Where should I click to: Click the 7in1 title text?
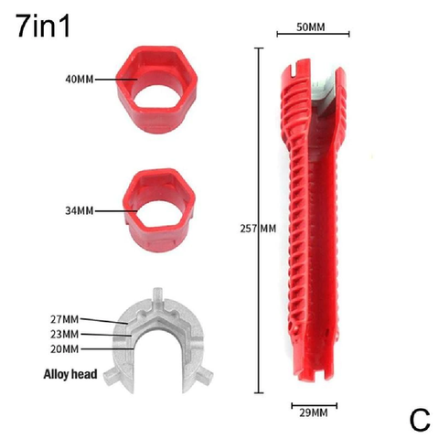[x=43, y=26]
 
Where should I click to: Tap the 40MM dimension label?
[x=80, y=80]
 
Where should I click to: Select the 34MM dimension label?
[x=80, y=210]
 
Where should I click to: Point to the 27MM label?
[x=65, y=319]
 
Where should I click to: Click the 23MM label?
[x=65, y=334]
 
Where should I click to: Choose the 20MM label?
[x=65, y=348]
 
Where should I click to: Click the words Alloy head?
[x=70, y=374]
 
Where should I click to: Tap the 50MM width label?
[x=311, y=27]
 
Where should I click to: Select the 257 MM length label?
[x=258, y=229]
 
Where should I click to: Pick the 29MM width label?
[x=314, y=413]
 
